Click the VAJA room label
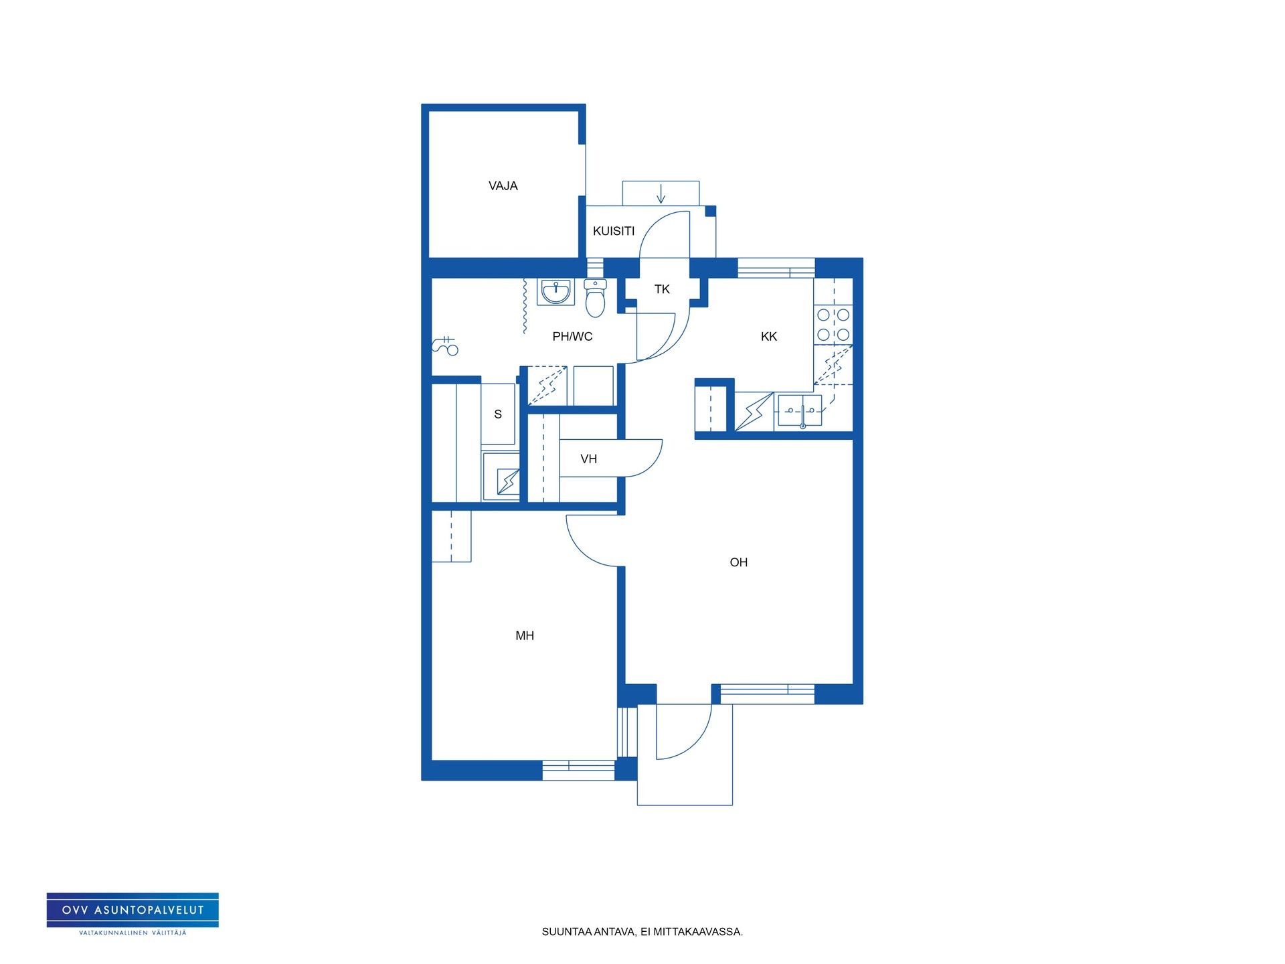pos(503,186)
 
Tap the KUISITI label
pos(614,231)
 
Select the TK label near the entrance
pos(662,289)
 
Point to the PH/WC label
pos(572,337)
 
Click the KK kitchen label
pos(769,337)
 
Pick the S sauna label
pos(498,414)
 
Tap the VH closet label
pos(589,459)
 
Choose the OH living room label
pos(739,562)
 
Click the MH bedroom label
pos(525,636)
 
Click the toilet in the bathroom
pos(595,298)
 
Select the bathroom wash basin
pos(555,292)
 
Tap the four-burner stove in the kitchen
pos(833,325)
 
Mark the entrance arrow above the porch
pos(661,192)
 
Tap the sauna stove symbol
pos(507,481)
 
